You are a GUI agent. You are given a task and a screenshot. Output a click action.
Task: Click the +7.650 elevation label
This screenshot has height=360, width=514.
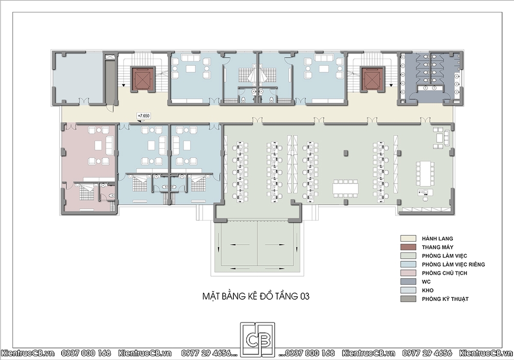pos(143,116)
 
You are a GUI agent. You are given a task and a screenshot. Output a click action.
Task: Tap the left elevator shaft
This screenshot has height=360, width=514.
pos(142,79)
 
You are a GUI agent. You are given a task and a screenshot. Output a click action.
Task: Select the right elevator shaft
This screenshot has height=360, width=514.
pos(372,79)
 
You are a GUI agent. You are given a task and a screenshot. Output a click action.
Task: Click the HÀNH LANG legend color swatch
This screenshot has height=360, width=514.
pos(408,238)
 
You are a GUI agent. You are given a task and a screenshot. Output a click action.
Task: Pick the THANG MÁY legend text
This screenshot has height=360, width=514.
pos(437,247)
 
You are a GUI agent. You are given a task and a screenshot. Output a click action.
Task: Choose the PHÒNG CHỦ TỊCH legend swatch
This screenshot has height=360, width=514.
pos(408,273)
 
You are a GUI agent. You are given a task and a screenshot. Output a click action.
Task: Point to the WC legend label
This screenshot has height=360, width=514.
pos(426,282)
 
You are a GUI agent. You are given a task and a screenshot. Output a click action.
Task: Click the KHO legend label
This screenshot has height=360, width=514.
pos(428,290)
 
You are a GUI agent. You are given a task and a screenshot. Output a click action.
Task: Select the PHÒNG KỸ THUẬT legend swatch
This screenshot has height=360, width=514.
pos(408,299)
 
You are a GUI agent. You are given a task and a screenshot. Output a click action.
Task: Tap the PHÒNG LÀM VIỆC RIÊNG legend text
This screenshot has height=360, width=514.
pos(453,264)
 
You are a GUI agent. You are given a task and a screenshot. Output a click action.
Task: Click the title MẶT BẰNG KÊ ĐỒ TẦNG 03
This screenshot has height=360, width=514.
pos(255,296)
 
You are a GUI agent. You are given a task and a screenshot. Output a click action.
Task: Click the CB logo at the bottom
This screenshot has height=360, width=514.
pos(258,339)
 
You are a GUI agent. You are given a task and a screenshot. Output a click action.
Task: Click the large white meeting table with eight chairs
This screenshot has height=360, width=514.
pos(346,189)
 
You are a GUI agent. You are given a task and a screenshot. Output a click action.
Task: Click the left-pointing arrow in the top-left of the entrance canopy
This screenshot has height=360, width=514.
pos(240,244)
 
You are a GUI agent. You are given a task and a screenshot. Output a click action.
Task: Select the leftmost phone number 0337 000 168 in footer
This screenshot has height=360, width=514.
pos(86,353)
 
